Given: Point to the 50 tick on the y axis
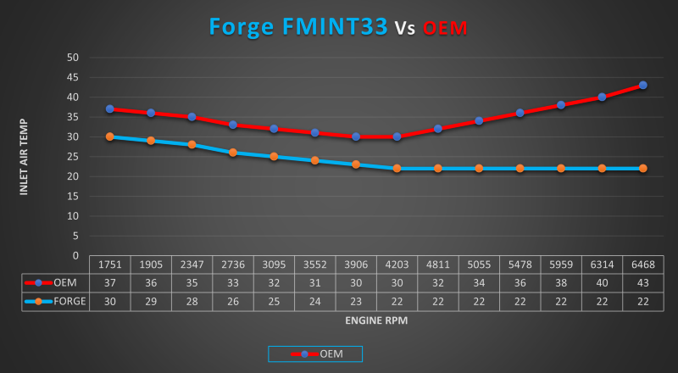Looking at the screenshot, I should click(73, 58).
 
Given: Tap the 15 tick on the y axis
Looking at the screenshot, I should click(73, 196).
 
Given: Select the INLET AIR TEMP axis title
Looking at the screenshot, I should click(25, 157).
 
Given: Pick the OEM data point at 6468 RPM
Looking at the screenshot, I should click(643, 86).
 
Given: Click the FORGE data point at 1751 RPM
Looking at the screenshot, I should click(110, 136).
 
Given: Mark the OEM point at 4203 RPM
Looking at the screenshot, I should click(397, 136).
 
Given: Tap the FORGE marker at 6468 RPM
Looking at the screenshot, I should click(643, 168).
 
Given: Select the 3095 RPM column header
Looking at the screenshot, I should click(274, 264).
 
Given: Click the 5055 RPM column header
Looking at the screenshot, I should click(479, 264).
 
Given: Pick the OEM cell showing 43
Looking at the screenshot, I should click(643, 282).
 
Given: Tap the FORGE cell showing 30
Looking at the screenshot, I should click(110, 300).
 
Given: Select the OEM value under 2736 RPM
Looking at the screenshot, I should click(233, 282).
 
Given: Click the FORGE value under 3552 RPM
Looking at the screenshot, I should click(314, 300).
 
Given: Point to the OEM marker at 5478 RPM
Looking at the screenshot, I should click(520, 113).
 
